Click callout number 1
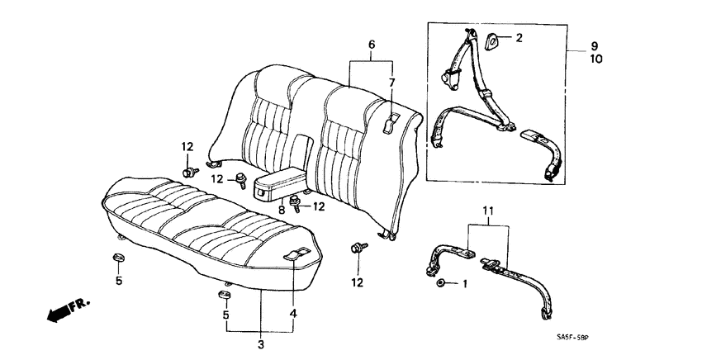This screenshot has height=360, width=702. coord(463,284)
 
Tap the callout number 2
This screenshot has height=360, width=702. coord(519,38)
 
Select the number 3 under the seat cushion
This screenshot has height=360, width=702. coord(261,343)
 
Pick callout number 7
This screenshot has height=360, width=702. coord(392,83)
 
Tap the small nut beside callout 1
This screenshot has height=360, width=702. coord(443,283)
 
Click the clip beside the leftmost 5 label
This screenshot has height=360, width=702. coord(118,259)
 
